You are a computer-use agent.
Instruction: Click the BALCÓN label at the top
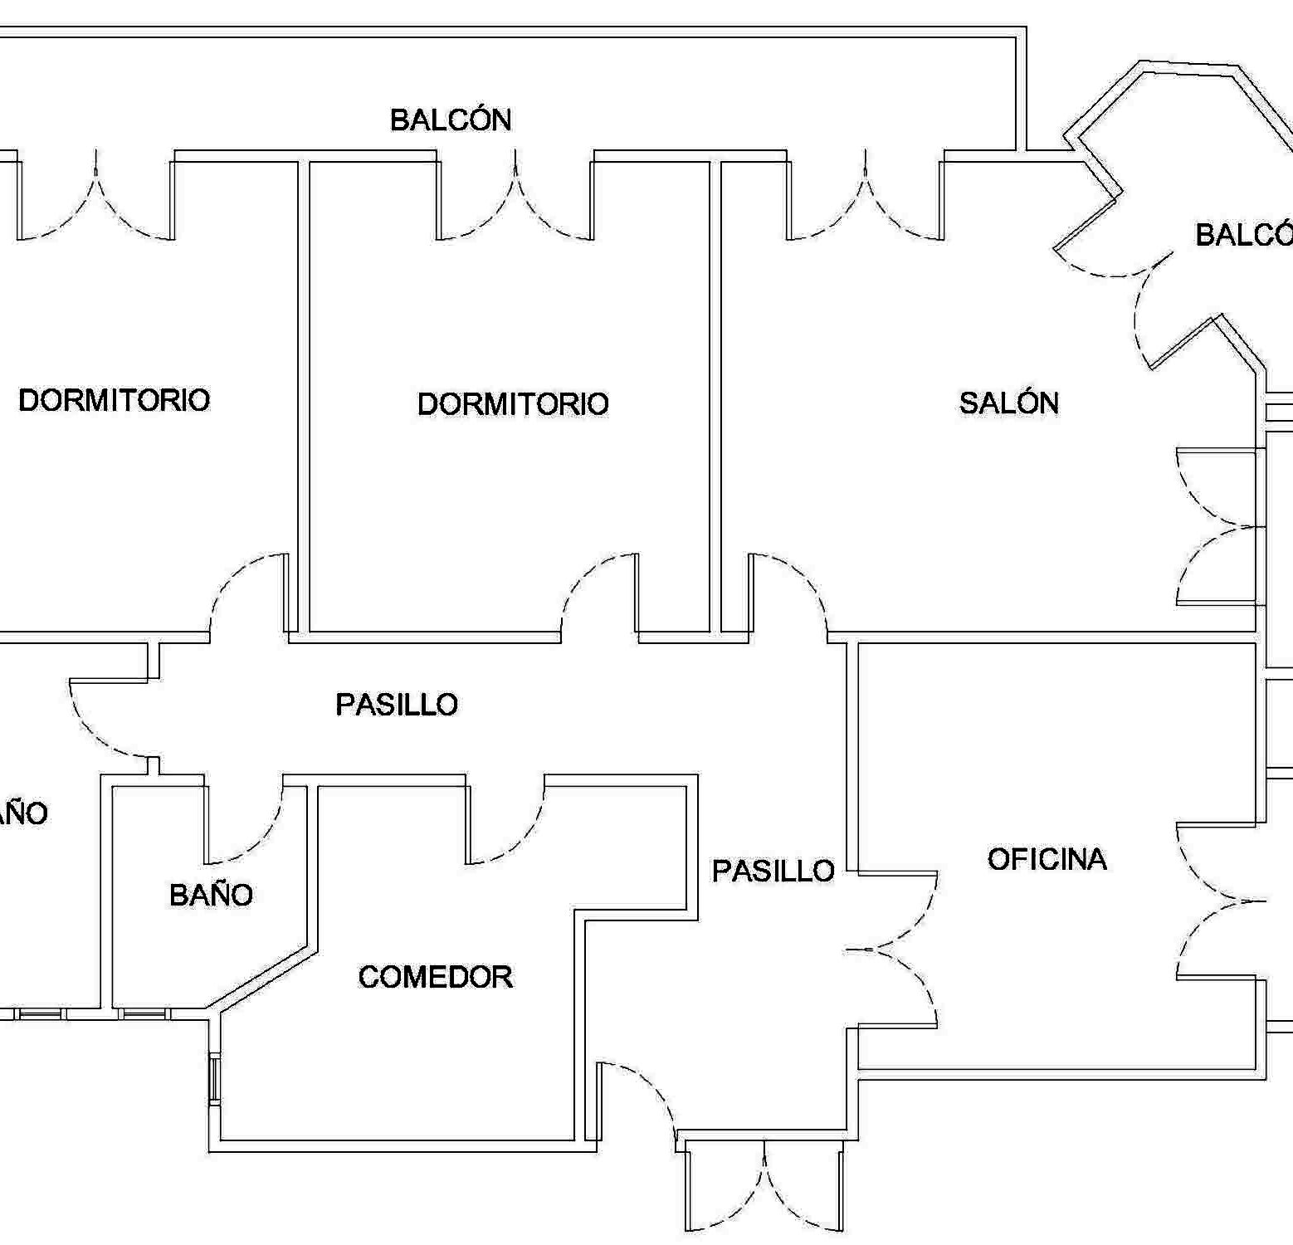coord(451,120)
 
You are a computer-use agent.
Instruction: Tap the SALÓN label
coord(1008,403)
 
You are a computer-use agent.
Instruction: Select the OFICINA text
coord(1047,859)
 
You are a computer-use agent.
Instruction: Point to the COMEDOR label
coord(435,977)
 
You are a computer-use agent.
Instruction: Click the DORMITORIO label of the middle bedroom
coord(513,404)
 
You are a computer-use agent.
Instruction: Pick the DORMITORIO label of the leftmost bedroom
coord(114,400)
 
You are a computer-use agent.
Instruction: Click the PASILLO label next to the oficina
coord(773,871)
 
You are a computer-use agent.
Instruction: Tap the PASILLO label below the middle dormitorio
coord(397,705)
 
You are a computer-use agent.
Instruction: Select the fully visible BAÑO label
coord(211,895)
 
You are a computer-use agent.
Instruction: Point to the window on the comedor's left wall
coord(214,1078)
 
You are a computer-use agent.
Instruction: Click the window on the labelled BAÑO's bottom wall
coord(144,1013)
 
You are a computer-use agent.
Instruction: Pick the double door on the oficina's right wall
coord(1220,901)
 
